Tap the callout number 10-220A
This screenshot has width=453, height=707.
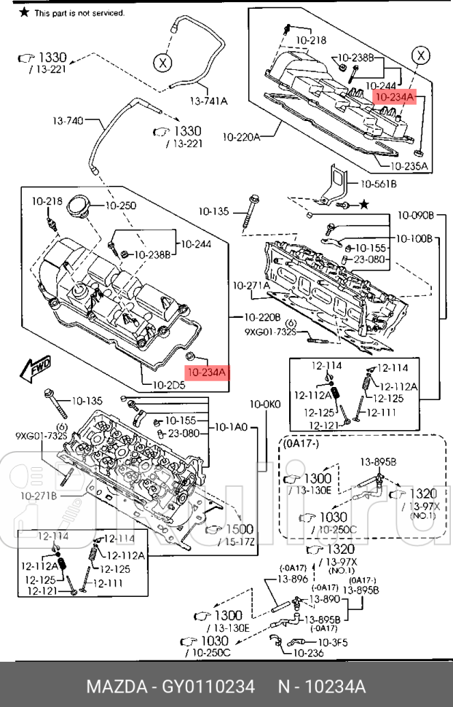pos(241,136)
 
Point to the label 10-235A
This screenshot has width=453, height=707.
pos(408,166)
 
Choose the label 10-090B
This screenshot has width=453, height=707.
pos(415,216)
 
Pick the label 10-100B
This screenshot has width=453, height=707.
pos(415,238)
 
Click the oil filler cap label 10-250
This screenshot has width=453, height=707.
pos(121,206)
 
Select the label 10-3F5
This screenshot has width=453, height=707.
pos(333,642)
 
